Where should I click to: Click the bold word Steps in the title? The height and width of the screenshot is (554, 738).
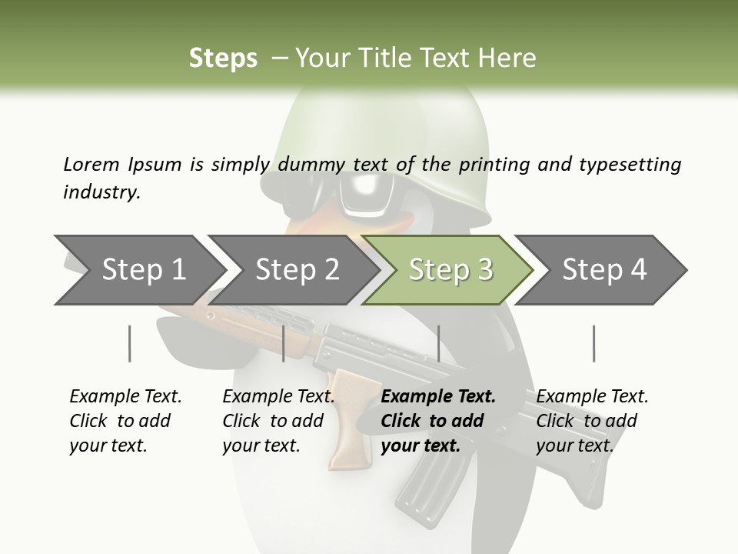tap(223, 58)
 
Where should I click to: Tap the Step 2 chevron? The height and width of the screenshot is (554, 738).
tap(296, 270)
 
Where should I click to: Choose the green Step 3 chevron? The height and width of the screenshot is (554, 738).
tap(450, 270)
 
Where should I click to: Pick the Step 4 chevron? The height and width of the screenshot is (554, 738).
tap(603, 270)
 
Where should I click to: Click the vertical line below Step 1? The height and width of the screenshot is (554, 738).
tap(130, 343)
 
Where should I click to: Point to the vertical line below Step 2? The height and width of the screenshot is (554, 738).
tap(284, 343)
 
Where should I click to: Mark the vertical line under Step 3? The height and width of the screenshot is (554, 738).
tap(438, 343)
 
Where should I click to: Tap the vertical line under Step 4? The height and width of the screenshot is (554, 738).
tap(593, 343)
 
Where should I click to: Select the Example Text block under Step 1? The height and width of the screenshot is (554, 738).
tap(125, 420)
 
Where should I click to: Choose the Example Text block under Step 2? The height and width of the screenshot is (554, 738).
tap(278, 420)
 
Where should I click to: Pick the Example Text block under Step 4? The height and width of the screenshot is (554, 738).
tap(592, 420)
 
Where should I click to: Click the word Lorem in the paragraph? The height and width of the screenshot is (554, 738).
tap(91, 164)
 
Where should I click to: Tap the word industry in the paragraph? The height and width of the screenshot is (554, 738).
tap(101, 192)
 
